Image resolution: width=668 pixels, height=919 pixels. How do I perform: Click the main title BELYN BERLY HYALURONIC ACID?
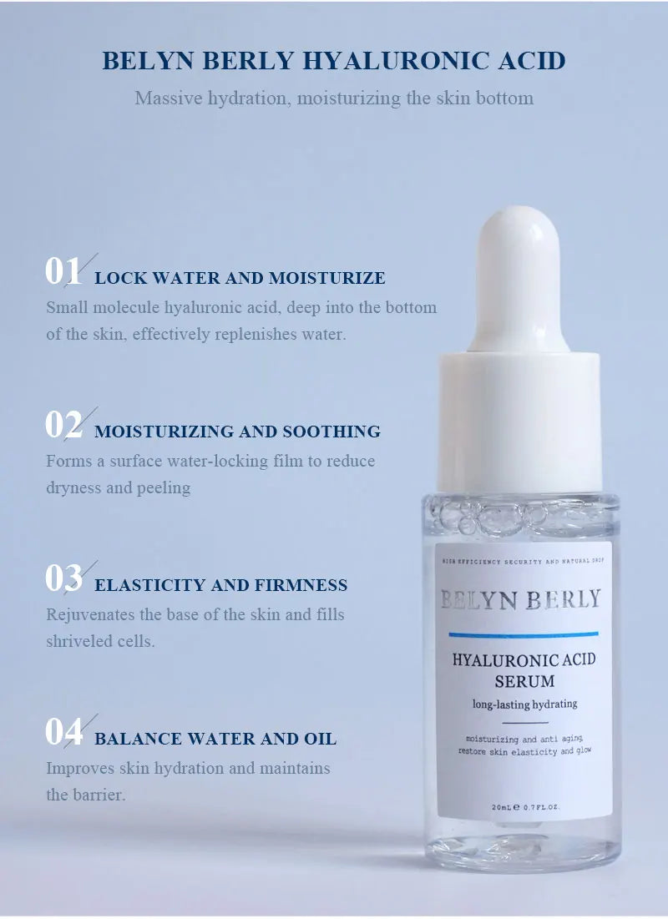click(x=334, y=61)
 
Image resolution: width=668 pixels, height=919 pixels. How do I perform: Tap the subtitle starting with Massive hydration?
click(x=334, y=98)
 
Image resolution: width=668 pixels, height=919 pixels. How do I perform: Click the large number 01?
click(x=63, y=272)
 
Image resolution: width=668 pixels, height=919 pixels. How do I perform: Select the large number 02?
click(x=63, y=426)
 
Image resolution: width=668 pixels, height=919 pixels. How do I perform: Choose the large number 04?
click(x=63, y=733)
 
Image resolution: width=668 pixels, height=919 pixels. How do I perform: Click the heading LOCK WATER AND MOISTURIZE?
click(x=240, y=279)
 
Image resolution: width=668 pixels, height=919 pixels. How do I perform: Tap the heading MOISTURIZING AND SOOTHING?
click(x=237, y=432)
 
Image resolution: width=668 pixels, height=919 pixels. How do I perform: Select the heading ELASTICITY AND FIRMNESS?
click(x=220, y=586)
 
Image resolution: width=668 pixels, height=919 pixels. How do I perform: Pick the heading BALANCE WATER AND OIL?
click(x=215, y=740)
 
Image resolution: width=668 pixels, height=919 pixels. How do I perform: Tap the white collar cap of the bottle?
click(x=520, y=422)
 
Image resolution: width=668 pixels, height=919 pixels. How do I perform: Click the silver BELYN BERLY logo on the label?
click(x=520, y=599)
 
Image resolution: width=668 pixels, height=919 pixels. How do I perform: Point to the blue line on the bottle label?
click(x=524, y=634)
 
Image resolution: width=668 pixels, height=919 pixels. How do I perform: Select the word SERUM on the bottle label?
click(x=524, y=681)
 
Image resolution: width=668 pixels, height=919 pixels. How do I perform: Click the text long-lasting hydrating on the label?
click(x=524, y=704)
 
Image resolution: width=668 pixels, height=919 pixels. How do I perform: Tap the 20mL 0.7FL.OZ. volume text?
click(x=525, y=807)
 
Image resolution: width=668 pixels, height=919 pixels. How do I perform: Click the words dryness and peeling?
click(x=118, y=488)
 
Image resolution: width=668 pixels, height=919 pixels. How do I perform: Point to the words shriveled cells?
click(x=100, y=642)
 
